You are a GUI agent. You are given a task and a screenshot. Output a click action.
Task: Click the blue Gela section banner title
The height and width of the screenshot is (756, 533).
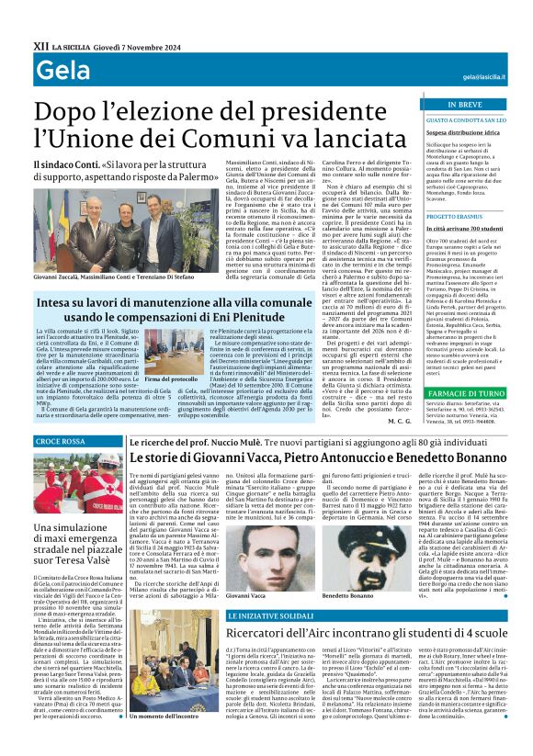click(x=57, y=73)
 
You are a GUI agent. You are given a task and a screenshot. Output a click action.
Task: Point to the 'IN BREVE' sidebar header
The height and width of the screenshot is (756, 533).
click(x=446, y=106)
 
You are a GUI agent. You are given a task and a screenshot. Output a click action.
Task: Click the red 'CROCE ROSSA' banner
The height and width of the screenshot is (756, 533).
click(x=60, y=443)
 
